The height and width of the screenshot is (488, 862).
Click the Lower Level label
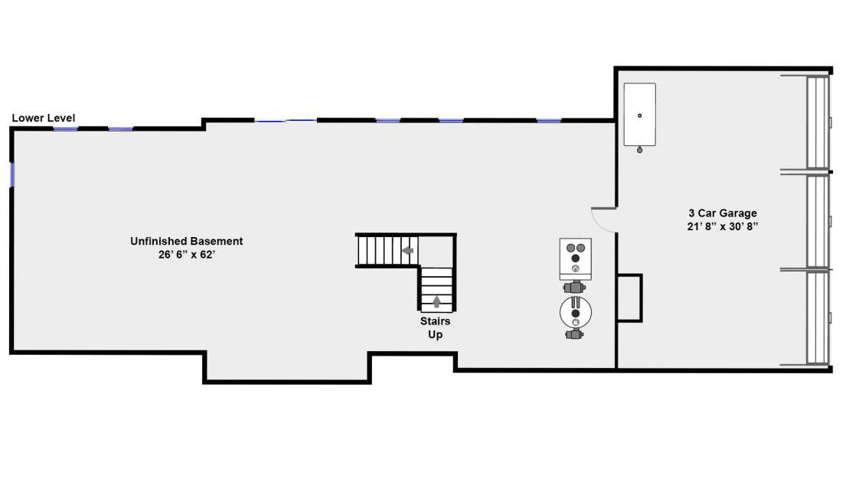click(x=44, y=118)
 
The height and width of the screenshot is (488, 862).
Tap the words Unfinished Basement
click(x=186, y=241)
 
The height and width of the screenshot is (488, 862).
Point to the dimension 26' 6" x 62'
click(x=186, y=255)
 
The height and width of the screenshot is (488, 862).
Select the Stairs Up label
click(x=436, y=328)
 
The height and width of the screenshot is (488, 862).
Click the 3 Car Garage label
click(x=723, y=213)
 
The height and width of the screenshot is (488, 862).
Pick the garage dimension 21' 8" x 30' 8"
click(x=723, y=226)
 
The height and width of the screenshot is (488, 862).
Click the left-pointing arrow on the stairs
click(x=407, y=251)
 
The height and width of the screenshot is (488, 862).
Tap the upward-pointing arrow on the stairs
click(x=436, y=301)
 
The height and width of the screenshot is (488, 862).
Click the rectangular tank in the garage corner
click(x=640, y=114)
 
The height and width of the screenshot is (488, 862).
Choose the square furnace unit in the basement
click(x=576, y=259)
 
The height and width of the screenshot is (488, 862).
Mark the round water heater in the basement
click(x=576, y=313)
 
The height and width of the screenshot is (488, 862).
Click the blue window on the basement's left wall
click(x=12, y=174)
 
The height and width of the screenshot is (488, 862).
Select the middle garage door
click(x=818, y=221)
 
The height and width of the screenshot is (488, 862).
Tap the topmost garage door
click(x=818, y=122)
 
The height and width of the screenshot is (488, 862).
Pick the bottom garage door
click(x=818, y=317)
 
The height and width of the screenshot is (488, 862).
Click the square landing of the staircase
click(x=436, y=251)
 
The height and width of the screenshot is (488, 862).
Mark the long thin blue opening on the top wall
click(x=286, y=120)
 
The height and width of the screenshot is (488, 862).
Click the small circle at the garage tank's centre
click(x=640, y=115)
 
